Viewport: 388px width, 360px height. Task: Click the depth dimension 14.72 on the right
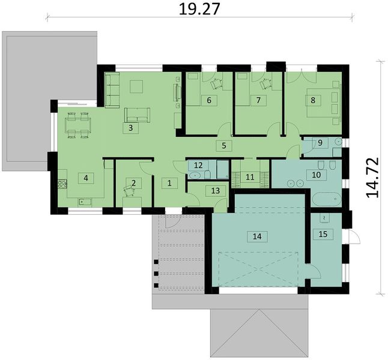[375, 175]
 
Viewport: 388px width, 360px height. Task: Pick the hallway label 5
[223, 145]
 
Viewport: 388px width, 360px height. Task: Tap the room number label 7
[258, 100]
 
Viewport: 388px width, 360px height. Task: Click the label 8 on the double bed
[313, 100]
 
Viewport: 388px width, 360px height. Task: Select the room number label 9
[320, 142]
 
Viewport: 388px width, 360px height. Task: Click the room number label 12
[199, 165]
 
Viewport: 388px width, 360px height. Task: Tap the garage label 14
[258, 237]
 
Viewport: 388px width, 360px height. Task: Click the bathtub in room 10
[327, 199]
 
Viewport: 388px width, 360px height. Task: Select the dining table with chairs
[76, 124]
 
